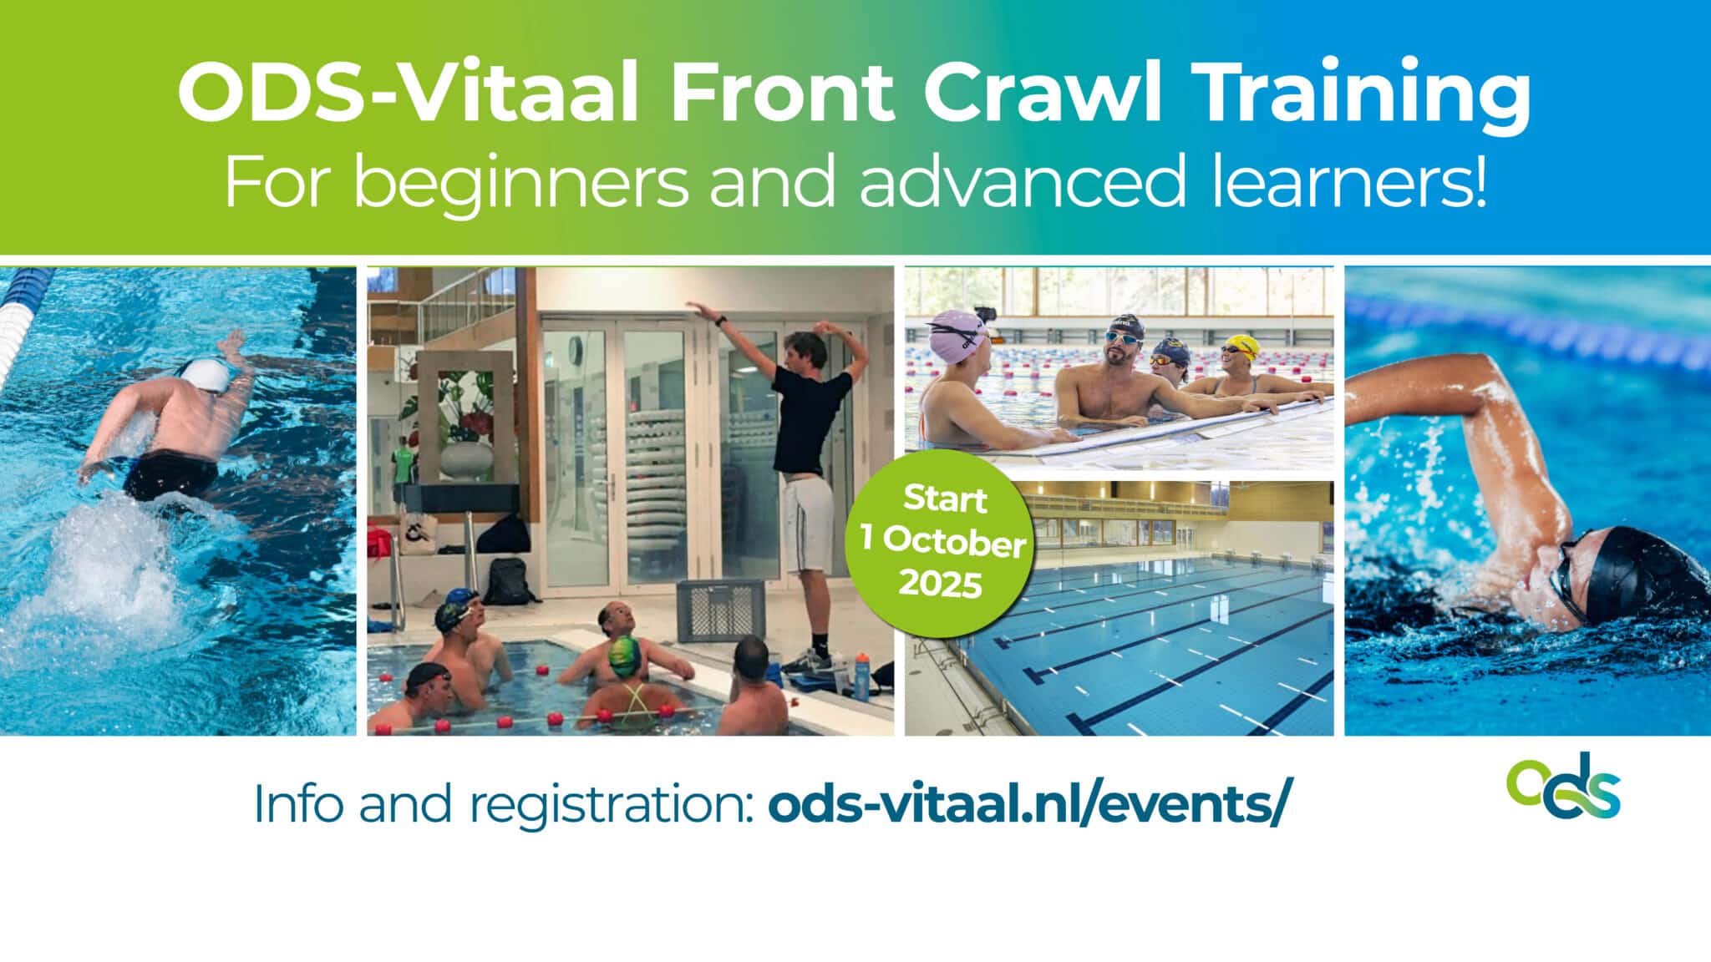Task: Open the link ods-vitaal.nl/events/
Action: [1024, 803]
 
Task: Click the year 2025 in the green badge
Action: [940, 585]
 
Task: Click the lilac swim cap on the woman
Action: [957, 334]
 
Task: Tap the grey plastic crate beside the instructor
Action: [720, 609]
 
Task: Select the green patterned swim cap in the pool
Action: [624, 656]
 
